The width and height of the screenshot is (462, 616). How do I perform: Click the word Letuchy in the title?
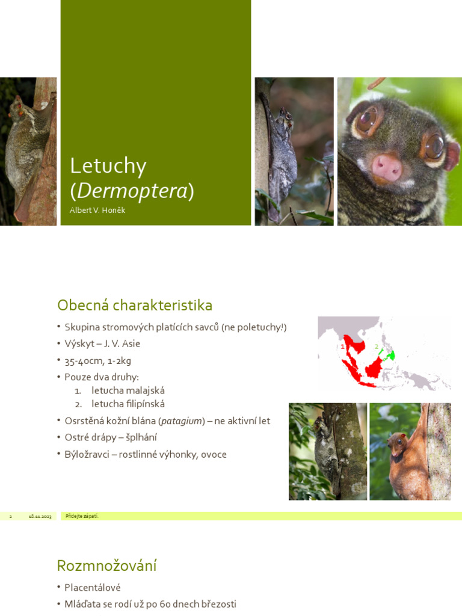click(108, 166)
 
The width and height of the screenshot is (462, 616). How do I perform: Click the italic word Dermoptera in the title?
click(132, 191)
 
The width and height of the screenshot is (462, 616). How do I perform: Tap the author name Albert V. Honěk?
click(97, 211)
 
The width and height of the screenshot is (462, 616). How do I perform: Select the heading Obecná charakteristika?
click(135, 306)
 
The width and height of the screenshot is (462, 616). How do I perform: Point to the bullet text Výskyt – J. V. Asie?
click(102, 343)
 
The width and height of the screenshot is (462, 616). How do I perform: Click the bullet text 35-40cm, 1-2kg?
click(98, 361)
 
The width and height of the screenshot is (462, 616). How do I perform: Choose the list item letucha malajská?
click(128, 390)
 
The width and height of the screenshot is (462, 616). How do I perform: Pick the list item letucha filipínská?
click(128, 404)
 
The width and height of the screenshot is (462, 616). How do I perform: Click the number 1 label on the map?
click(342, 346)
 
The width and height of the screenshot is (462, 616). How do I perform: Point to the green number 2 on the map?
click(377, 346)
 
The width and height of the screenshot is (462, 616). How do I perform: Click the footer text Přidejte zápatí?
click(82, 516)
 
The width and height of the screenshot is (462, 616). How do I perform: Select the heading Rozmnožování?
click(106, 565)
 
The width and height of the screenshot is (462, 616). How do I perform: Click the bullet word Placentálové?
click(93, 587)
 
